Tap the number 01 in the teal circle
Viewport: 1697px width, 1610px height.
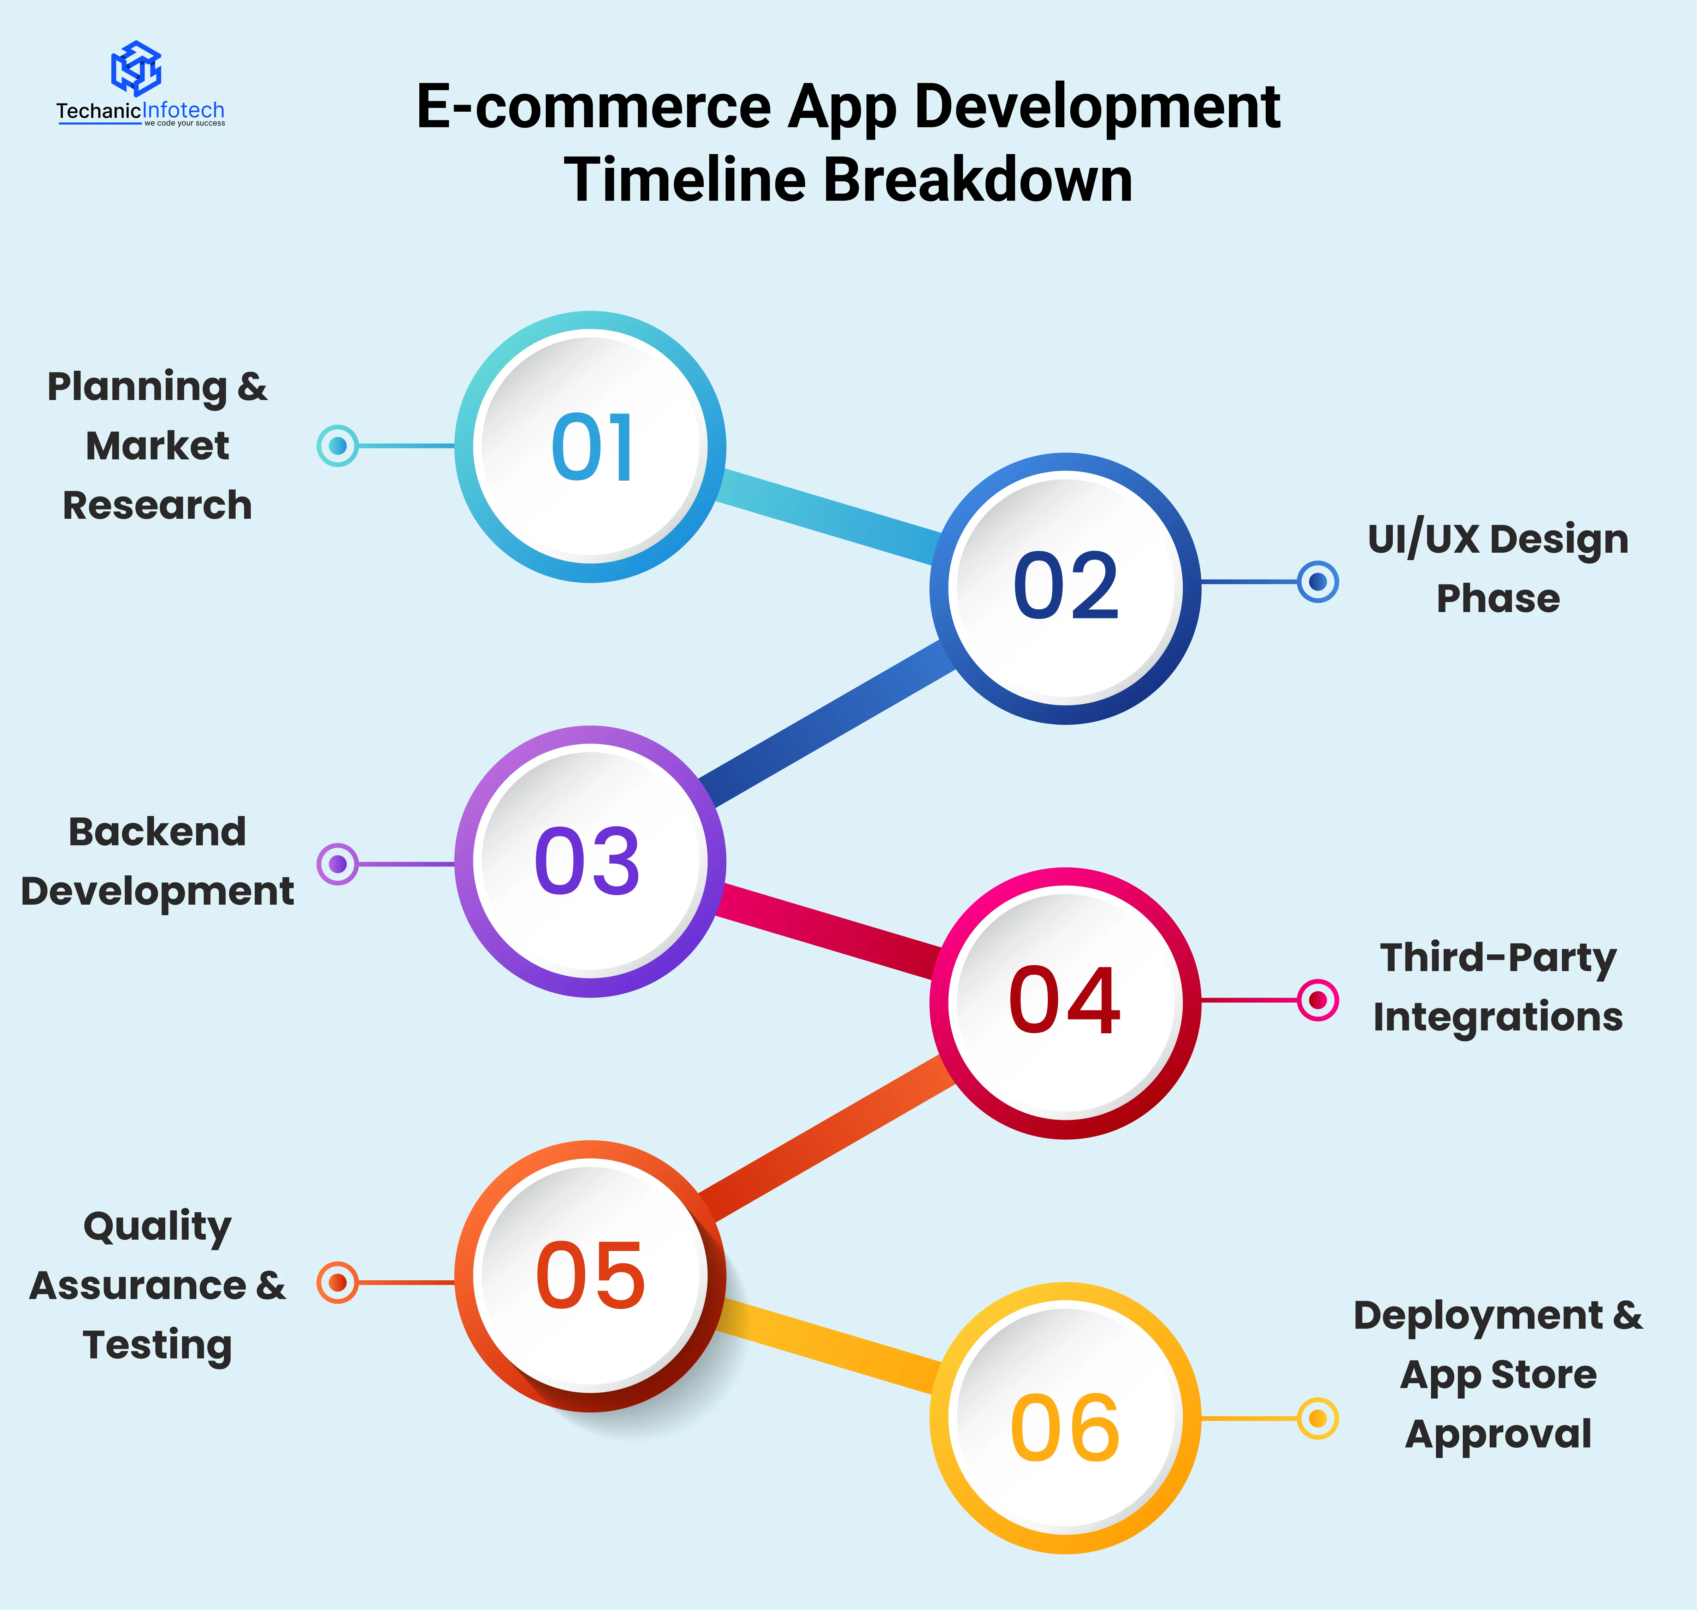(592, 447)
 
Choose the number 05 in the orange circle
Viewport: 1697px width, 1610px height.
(590, 1276)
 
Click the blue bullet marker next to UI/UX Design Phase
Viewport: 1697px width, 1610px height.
(1318, 582)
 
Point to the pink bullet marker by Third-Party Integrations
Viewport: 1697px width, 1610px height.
(1318, 1000)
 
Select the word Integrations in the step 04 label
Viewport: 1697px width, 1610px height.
(1498, 1017)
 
